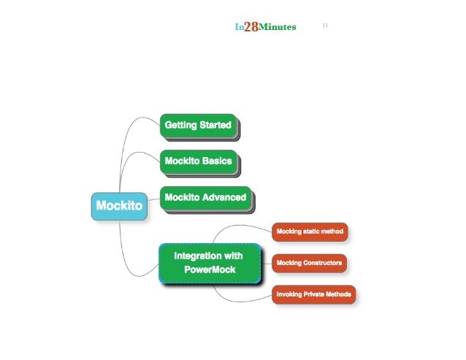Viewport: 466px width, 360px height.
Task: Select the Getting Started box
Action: point(198,126)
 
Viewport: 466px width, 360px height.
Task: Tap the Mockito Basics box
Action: point(198,161)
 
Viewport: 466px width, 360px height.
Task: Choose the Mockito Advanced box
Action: point(205,197)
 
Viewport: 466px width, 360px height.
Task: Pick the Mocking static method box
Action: point(309,231)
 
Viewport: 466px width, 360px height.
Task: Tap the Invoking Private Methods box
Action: point(313,295)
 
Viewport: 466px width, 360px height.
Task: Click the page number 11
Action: point(325,26)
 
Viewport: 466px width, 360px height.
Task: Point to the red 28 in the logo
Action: point(251,27)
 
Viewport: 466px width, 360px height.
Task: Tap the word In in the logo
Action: point(239,27)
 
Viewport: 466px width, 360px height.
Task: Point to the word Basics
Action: point(216,161)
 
